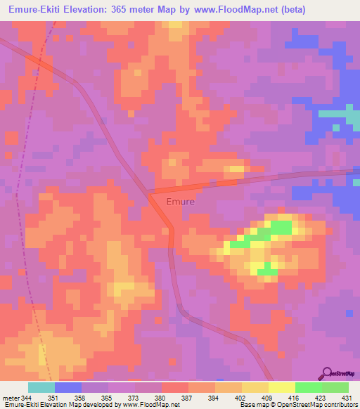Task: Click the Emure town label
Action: (181, 201)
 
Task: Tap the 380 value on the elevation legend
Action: (162, 397)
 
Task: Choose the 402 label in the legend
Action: (241, 397)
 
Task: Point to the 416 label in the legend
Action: (295, 397)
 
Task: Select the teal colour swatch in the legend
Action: (41, 387)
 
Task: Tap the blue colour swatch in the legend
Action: (68, 387)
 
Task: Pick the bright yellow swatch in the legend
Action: (281, 387)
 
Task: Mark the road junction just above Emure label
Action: (148, 192)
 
